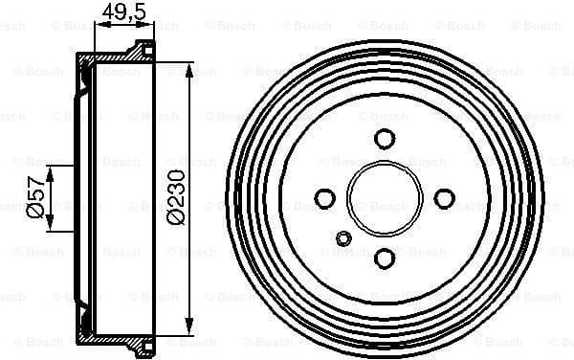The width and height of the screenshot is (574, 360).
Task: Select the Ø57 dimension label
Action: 35,198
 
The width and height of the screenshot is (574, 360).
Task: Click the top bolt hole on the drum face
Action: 385,139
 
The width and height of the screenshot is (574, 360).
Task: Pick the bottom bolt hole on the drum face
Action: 385,258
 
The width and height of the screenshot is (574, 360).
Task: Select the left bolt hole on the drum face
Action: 325,198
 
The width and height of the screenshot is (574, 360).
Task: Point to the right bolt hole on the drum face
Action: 444,198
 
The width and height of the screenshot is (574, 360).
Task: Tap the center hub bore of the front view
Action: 385,198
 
